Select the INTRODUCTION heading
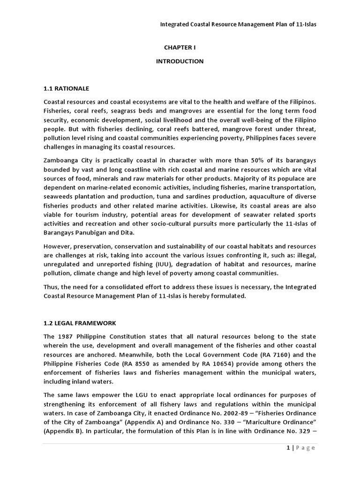tap(180, 61)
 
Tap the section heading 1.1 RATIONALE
tap(66, 88)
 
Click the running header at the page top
tap(238, 24)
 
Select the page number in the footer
tap(288, 448)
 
